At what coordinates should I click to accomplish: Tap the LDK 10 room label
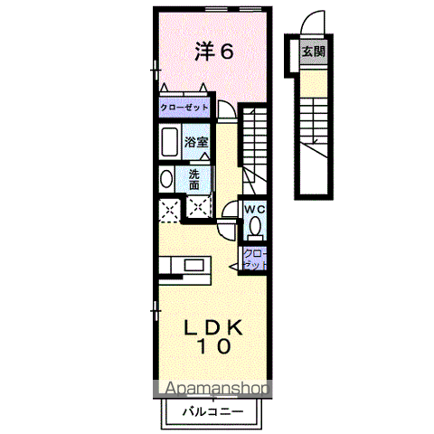215,335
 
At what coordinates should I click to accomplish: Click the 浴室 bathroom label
196,142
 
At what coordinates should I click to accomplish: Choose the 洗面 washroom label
194,178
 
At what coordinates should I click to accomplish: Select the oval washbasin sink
166,179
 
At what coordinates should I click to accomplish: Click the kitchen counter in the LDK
185,266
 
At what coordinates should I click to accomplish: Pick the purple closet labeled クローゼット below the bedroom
184,108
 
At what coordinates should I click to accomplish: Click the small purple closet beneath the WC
254,259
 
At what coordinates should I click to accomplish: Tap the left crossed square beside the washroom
169,210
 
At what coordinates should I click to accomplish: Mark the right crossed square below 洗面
197,207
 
